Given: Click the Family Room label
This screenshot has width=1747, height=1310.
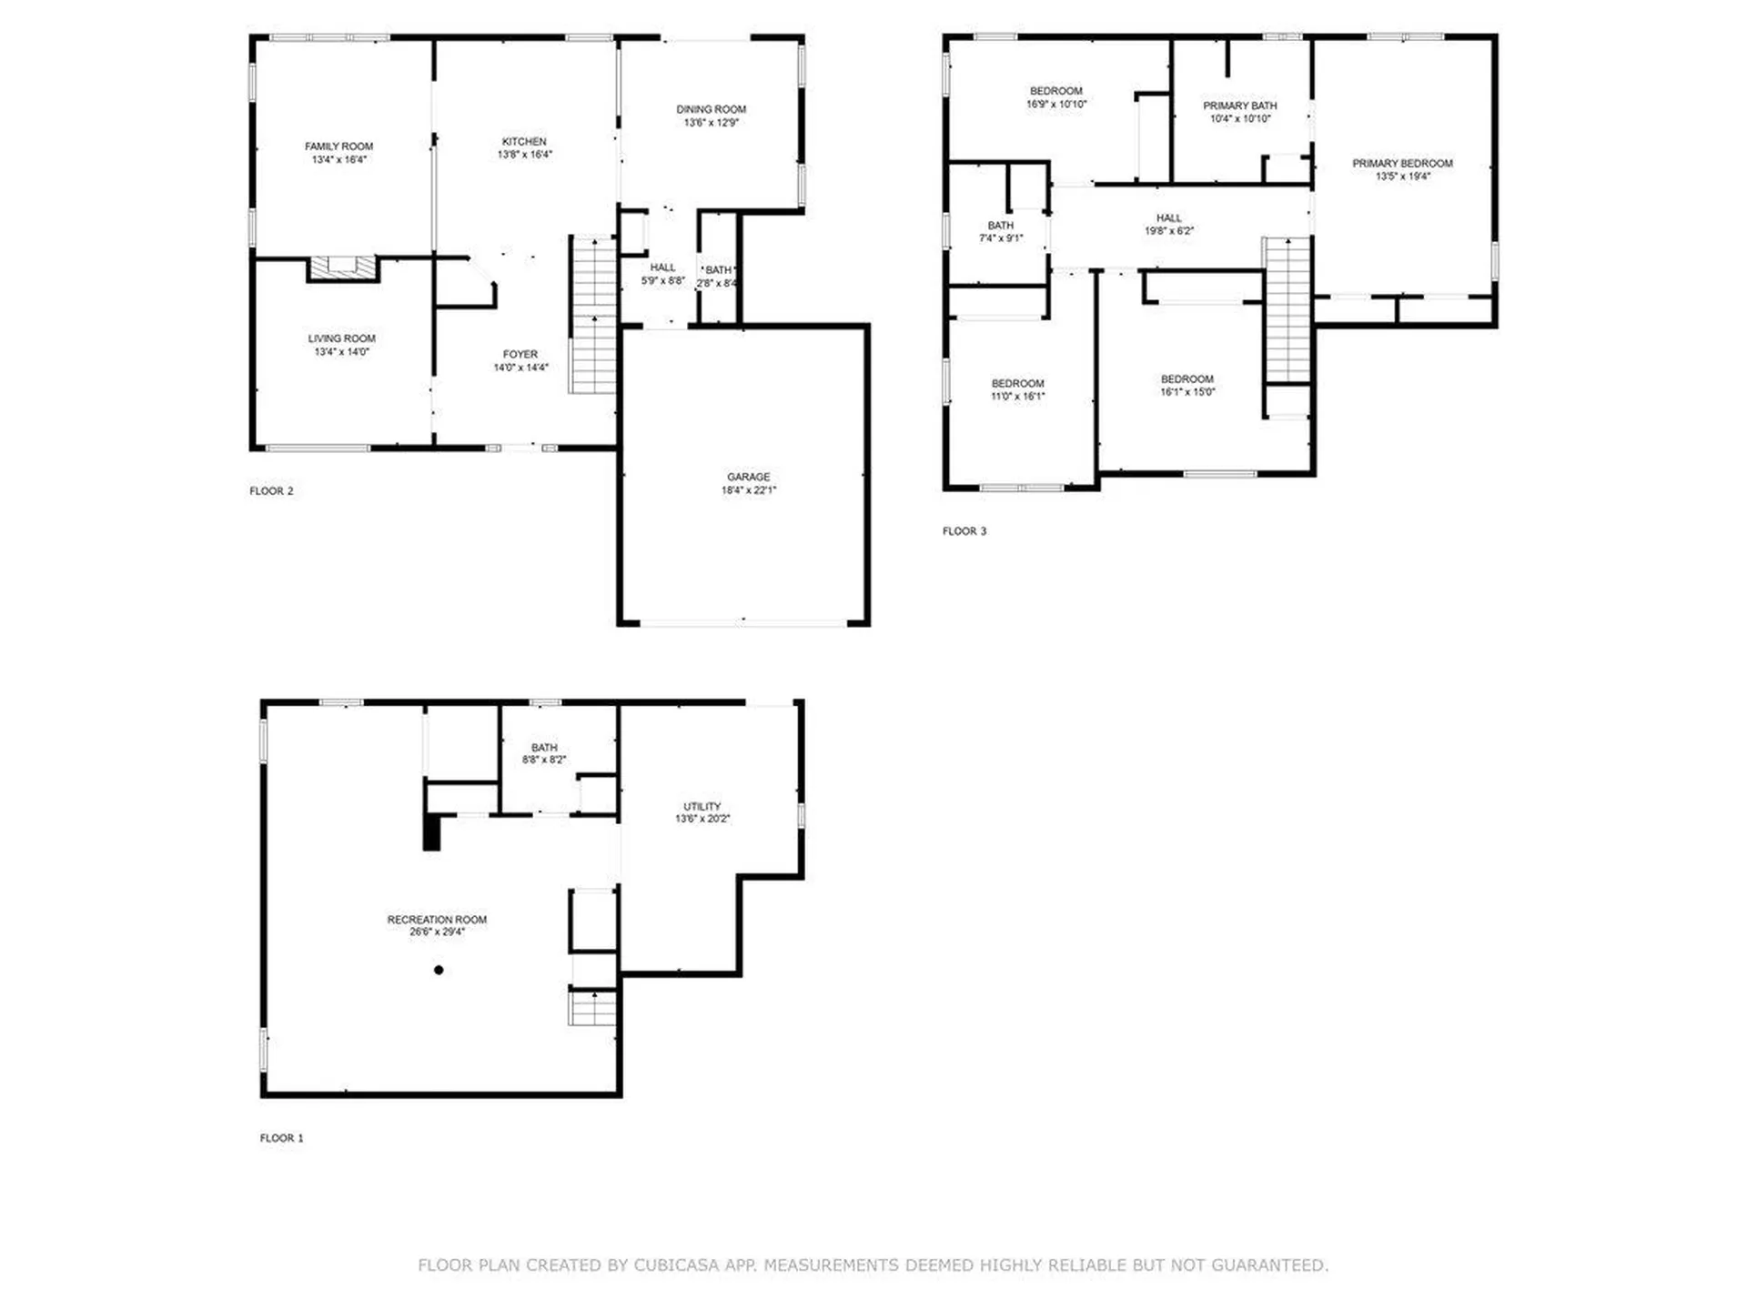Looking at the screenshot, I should click(x=338, y=146).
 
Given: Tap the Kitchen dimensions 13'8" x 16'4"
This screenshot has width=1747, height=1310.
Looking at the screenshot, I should click(x=524, y=155).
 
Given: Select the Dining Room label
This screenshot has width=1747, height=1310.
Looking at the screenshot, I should click(x=711, y=109).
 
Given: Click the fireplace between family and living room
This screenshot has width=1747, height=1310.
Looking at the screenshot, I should click(x=343, y=267).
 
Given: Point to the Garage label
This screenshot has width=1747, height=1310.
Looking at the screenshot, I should click(x=748, y=477).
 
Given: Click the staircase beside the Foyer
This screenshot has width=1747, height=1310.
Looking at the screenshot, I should click(x=593, y=315).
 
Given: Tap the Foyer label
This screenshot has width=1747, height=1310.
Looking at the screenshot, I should click(x=520, y=354).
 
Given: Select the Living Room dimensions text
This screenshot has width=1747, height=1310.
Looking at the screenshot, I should click(x=341, y=352).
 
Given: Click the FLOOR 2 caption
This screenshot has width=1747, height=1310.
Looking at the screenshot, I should click(x=271, y=491).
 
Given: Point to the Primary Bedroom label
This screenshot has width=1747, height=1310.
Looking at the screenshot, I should click(x=1402, y=164).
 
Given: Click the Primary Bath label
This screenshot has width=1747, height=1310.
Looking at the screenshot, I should click(x=1239, y=106).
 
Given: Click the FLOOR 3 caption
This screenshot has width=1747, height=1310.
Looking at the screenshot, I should click(x=964, y=531).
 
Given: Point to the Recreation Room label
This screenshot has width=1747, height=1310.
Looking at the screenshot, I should click(x=437, y=920).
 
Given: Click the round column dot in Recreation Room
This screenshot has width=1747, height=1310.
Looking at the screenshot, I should click(x=439, y=970).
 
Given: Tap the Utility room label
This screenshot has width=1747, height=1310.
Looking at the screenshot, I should click(x=702, y=807).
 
